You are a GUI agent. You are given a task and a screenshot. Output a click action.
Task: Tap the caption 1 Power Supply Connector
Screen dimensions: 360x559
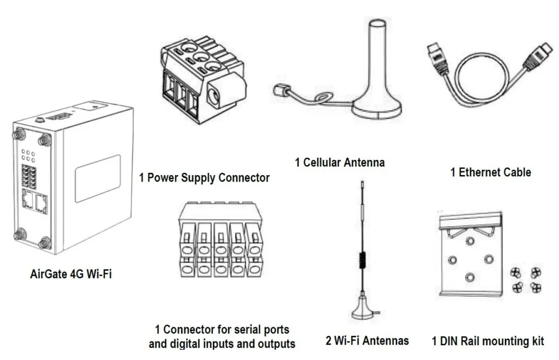tap(204, 178)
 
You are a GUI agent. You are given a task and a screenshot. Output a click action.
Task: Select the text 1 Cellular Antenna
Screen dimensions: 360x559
tap(340, 162)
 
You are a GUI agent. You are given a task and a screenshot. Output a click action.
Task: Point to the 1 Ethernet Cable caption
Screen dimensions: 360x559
tap(490, 172)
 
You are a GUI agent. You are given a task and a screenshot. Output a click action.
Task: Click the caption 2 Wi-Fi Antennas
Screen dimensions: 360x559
tap(367, 341)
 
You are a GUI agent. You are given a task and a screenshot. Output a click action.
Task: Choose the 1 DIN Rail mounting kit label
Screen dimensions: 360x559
tap(487, 341)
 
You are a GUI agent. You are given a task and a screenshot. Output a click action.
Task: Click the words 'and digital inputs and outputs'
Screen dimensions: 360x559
tap(222, 344)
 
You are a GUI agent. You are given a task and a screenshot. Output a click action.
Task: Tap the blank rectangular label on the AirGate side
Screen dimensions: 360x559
tap(97, 178)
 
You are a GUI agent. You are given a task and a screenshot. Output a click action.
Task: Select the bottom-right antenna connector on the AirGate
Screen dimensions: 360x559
tap(46, 242)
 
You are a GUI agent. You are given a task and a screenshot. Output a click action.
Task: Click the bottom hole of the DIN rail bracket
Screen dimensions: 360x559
tap(469, 277)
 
